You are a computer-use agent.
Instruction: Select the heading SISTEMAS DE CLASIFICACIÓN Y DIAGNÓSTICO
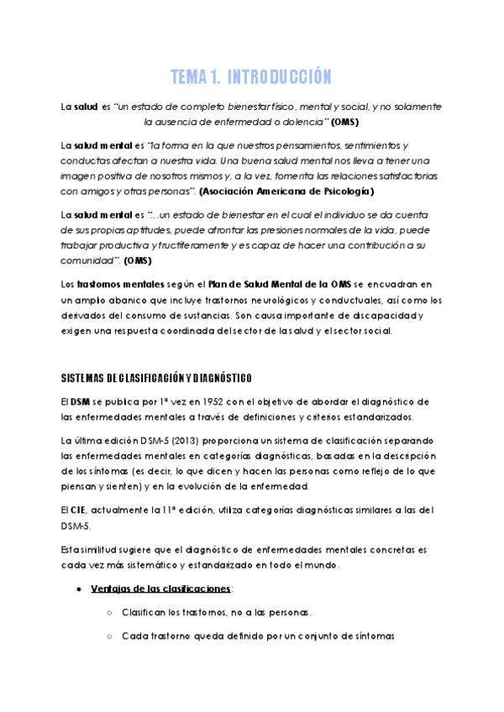click(x=155, y=375)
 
